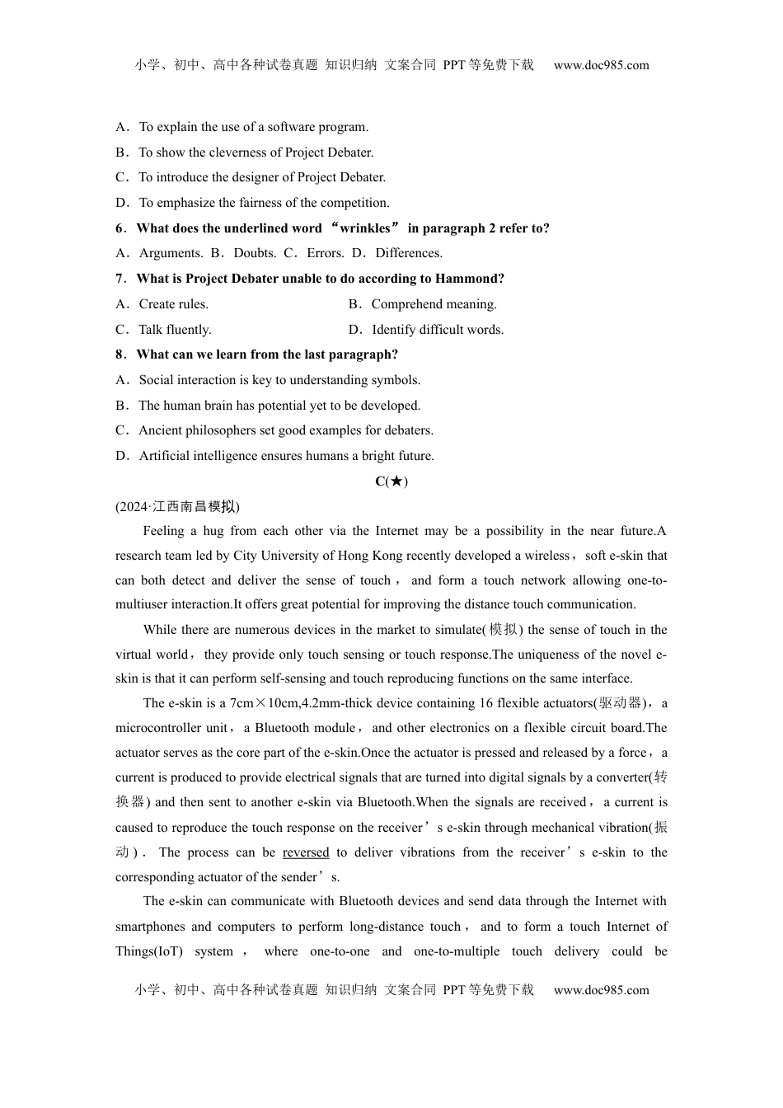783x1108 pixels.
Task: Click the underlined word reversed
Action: [305, 852]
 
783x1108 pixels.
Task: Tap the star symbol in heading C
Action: [396, 481]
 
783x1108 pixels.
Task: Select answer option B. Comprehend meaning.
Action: [423, 304]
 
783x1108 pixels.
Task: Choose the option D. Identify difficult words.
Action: [426, 330]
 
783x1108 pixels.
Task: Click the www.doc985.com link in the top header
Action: [601, 65]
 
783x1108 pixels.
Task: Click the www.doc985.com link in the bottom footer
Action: [601, 990]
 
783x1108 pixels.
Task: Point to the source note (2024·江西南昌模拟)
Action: [177, 507]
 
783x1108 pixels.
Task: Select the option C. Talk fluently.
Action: [164, 330]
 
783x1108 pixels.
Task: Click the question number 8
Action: [120, 354]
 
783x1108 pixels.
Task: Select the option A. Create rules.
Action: [162, 304]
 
